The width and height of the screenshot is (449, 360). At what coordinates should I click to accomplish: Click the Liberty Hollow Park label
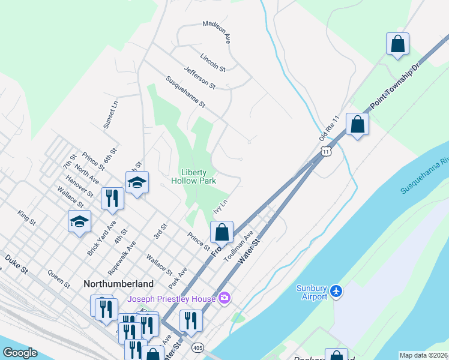tap(193, 175)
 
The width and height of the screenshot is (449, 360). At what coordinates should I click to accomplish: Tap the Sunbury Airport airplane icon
tap(336, 291)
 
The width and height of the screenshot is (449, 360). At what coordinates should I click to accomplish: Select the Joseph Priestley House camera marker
tap(224, 298)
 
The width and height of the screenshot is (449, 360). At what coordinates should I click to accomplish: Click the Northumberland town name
tap(118, 283)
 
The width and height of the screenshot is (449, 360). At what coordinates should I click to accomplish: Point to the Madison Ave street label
tap(217, 32)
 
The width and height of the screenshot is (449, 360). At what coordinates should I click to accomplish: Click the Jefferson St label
tap(199, 77)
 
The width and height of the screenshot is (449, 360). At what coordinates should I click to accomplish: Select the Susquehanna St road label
tap(185, 92)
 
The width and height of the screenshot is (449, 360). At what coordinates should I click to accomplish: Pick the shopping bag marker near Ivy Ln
tap(221, 232)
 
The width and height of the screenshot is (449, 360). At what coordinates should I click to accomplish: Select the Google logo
tap(20, 353)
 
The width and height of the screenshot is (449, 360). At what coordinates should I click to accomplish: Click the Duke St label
tap(17, 265)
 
